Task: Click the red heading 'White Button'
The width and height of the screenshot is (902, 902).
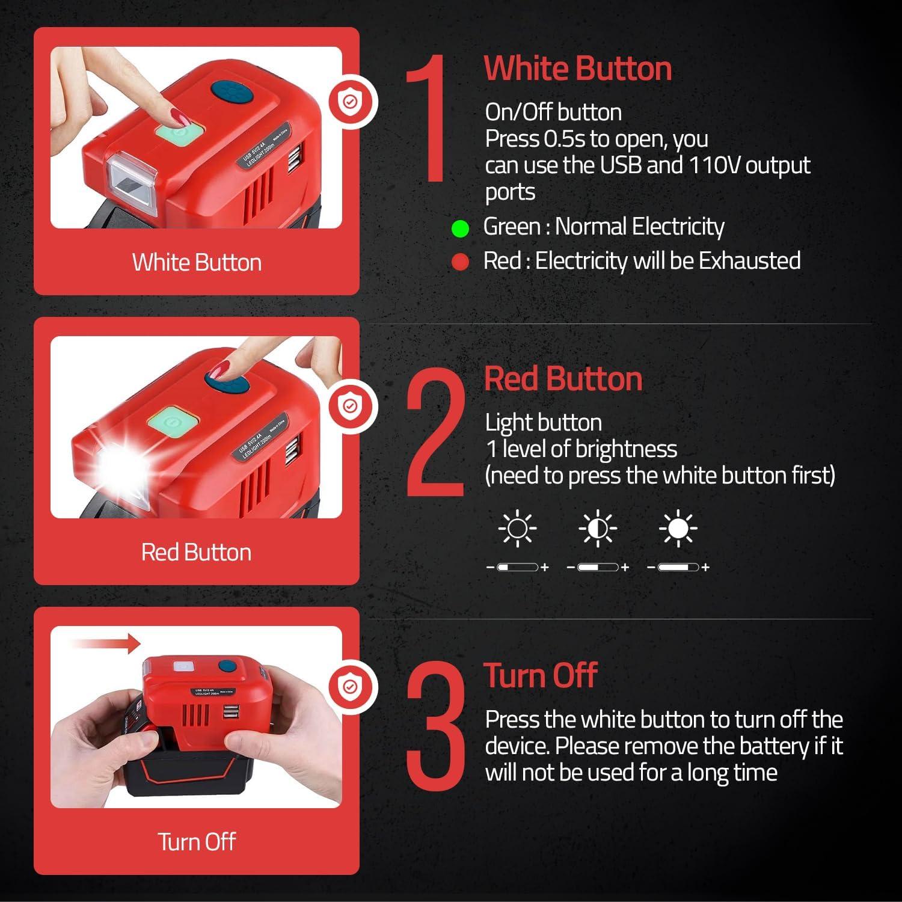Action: point(577,68)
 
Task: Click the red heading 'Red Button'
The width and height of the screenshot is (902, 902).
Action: point(563,379)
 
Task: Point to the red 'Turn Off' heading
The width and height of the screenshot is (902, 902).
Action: point(540,675)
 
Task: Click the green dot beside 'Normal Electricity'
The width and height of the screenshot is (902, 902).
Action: point(460,229)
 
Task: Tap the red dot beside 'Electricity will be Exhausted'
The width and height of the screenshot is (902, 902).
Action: point(460,262)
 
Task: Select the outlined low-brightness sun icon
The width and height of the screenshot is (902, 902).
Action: point(517,529)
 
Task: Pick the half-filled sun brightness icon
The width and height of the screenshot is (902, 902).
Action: point(598,529)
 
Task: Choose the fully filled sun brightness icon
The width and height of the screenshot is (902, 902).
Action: point(678,529)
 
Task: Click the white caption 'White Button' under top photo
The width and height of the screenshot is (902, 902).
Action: point(197,263)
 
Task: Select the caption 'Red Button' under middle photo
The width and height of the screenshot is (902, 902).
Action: point(196,552)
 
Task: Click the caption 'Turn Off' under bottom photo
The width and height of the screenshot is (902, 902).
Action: point(196,841)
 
